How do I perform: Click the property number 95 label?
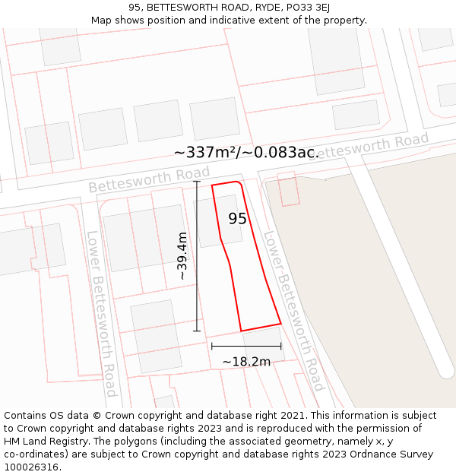pyautogui.click(x=237, y=219)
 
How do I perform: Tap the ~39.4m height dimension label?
pyautogui.click(x=182, y=256)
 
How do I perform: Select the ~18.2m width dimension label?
pyautogui.click(x=246, y=362)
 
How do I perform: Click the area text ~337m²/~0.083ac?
pyautogui.click(x=246, y=153)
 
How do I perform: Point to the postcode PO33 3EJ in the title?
pyautogui.click(x=302, y=8)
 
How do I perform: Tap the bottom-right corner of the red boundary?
pyautogui.click(x=281, y=324)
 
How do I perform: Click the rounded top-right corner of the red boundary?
pyautogui.click(x=240, y=183)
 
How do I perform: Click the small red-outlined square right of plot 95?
pyautogui.click(x=289, y=188)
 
